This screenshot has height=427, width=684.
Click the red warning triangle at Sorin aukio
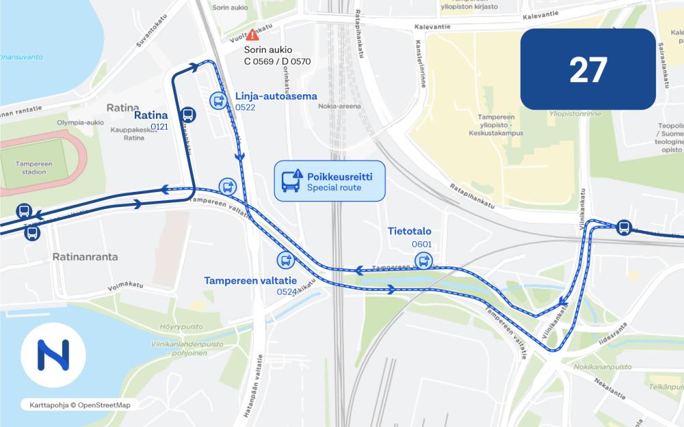[252, 34]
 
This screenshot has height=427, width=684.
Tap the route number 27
[588, 70]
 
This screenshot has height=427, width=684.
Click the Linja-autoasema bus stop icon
[218, 101]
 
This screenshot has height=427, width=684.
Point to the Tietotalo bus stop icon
[423, 260]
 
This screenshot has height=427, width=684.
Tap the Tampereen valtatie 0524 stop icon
[285, 260]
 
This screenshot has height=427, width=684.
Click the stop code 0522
[245, 108]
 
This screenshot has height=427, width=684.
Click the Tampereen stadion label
[32, 167]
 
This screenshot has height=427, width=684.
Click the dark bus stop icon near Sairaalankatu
[623, 228]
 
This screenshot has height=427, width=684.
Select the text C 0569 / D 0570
[277, 61]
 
